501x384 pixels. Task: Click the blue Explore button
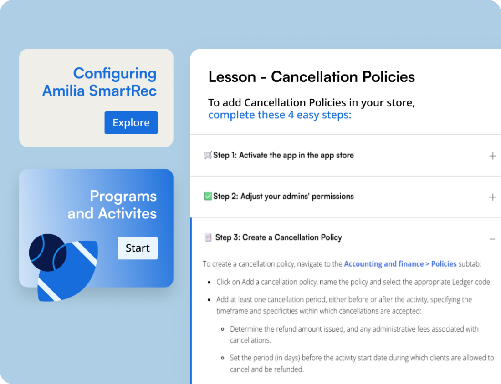click(131, 123)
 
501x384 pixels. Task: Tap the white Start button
click(138, 248)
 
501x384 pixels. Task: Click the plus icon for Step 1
click(492, 156)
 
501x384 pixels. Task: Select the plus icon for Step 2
click(492, 197)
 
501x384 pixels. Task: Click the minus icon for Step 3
click(492, 239)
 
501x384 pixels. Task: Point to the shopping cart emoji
click(208, 155)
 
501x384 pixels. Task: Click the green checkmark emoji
click(208, 197)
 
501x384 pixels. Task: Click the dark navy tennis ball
click(47, 253)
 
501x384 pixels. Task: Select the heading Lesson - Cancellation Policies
click(312, 77)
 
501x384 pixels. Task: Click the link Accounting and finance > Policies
click(400, 264)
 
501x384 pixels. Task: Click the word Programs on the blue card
click(123, 196)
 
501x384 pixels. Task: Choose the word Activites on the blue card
click(127, 213)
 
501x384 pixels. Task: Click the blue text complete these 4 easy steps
click(280, 115)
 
